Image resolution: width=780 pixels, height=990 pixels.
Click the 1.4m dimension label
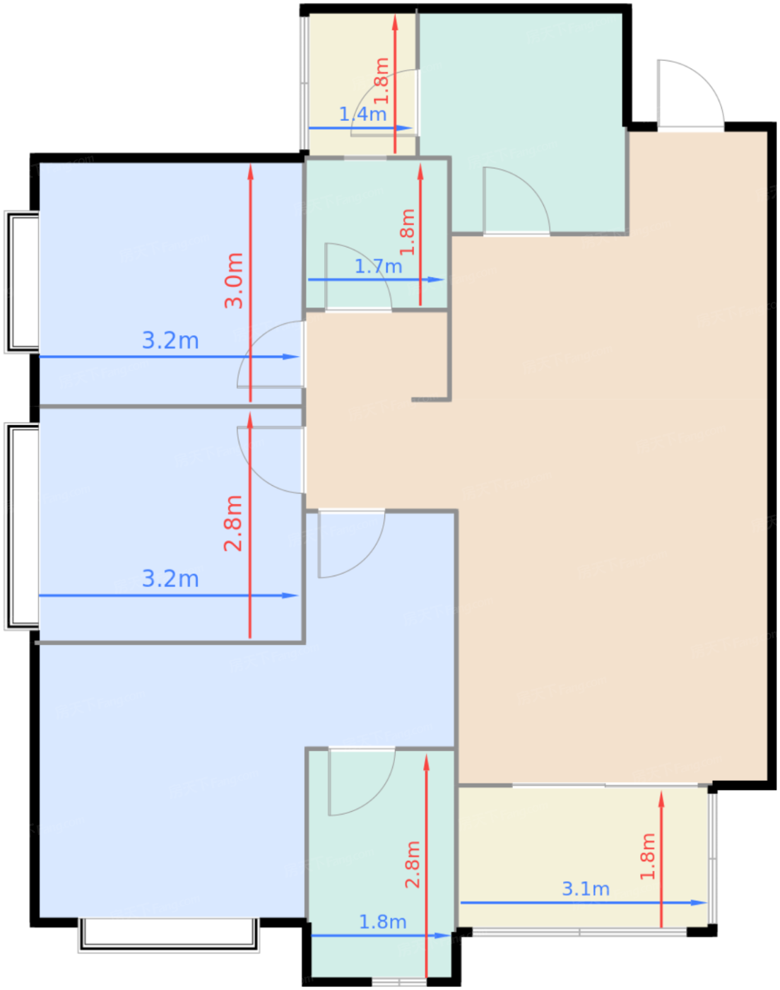click(362, 114)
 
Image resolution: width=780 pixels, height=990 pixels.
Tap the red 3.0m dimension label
click(233, 281)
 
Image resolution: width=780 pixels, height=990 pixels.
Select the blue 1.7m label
click(378, 267)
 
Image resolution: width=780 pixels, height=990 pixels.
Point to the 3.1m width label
click(586, 889)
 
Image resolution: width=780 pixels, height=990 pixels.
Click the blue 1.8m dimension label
click(382, 922)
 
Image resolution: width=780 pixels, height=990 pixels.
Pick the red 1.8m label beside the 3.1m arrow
click(647, 856)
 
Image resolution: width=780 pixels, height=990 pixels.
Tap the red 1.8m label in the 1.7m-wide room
click(407, 232)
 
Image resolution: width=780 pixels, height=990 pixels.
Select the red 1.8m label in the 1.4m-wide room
click(382, 81)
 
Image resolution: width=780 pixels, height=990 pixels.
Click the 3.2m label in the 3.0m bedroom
click(170, 340)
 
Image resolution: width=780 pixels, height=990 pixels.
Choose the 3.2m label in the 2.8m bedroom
click(170, 578)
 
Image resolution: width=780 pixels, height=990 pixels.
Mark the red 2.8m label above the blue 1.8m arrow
click(413, 864)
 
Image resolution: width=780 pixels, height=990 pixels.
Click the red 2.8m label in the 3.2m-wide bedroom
click(233, 523)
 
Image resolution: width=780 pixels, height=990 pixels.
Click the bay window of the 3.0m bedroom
click(22, 282)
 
